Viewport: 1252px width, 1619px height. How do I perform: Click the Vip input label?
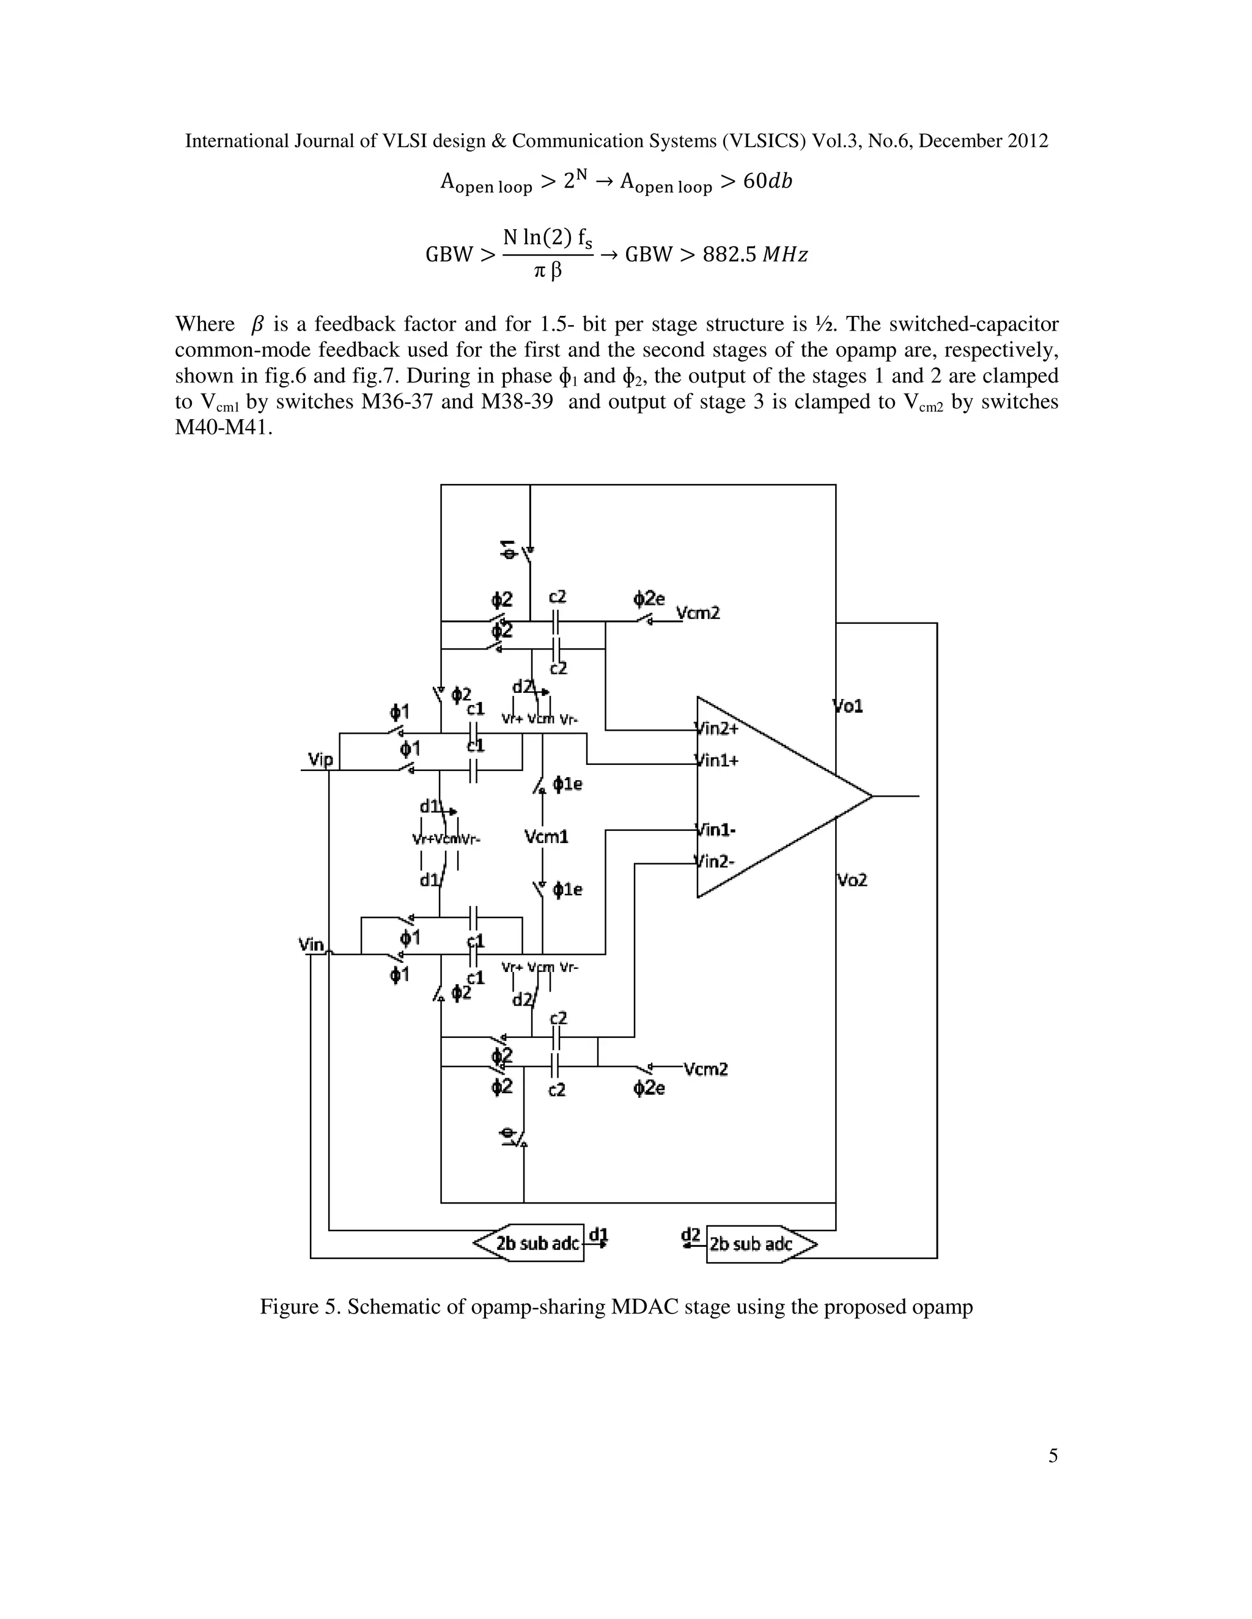point(320,758)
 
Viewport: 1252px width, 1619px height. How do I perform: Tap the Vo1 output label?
point(849,706)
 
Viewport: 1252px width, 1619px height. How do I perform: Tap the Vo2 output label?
point(852,880)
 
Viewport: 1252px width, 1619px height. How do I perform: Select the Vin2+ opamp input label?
point(716,728)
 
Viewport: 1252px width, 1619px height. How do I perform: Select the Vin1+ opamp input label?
point(716,760)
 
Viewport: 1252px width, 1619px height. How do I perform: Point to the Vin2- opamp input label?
point(715,861)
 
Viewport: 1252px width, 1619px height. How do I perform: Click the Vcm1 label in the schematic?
point(546,837)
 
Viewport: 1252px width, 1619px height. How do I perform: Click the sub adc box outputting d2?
point(752,1244)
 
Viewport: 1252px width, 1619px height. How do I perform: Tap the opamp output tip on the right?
point(872,796)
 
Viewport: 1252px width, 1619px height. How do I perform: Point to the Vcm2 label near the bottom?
point(705,1069)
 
